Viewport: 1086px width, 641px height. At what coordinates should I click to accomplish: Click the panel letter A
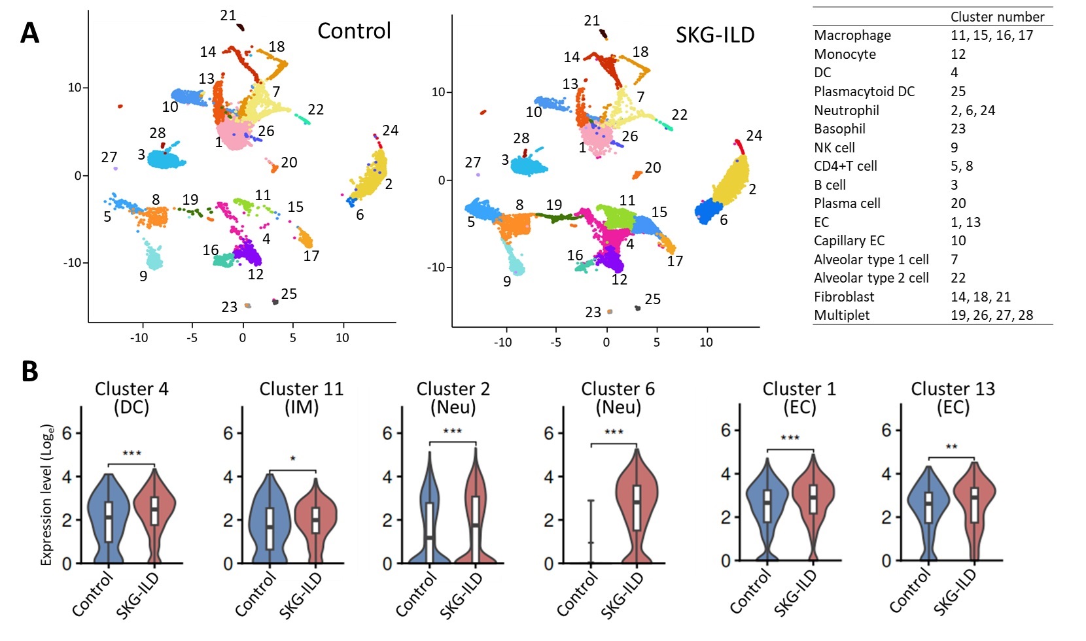coord(29,33)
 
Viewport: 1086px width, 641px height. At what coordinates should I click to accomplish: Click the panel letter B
coord(29,371)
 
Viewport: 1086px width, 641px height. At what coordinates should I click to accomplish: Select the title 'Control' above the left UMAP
coord(354,31)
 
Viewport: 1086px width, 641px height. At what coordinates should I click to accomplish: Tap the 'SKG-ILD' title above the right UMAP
coord(715,35)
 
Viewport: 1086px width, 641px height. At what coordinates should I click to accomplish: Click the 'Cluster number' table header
coord(997,17)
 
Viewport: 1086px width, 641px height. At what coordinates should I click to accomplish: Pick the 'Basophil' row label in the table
coord(839,129)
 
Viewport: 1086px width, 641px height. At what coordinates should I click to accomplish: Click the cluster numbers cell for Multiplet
coord(991,315)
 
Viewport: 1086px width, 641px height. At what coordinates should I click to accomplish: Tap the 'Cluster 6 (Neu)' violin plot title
coord(618,398)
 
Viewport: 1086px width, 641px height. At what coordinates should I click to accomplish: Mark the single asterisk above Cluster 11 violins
coord(293,459)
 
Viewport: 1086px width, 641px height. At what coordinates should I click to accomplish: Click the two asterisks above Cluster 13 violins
coord(951,447)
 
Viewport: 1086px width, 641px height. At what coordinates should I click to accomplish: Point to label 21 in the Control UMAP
coord(228,15)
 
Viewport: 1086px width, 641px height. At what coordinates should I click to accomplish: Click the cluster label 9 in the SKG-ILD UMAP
coord(507,282)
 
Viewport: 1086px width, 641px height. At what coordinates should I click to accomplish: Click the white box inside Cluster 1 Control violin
coord(767,506)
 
